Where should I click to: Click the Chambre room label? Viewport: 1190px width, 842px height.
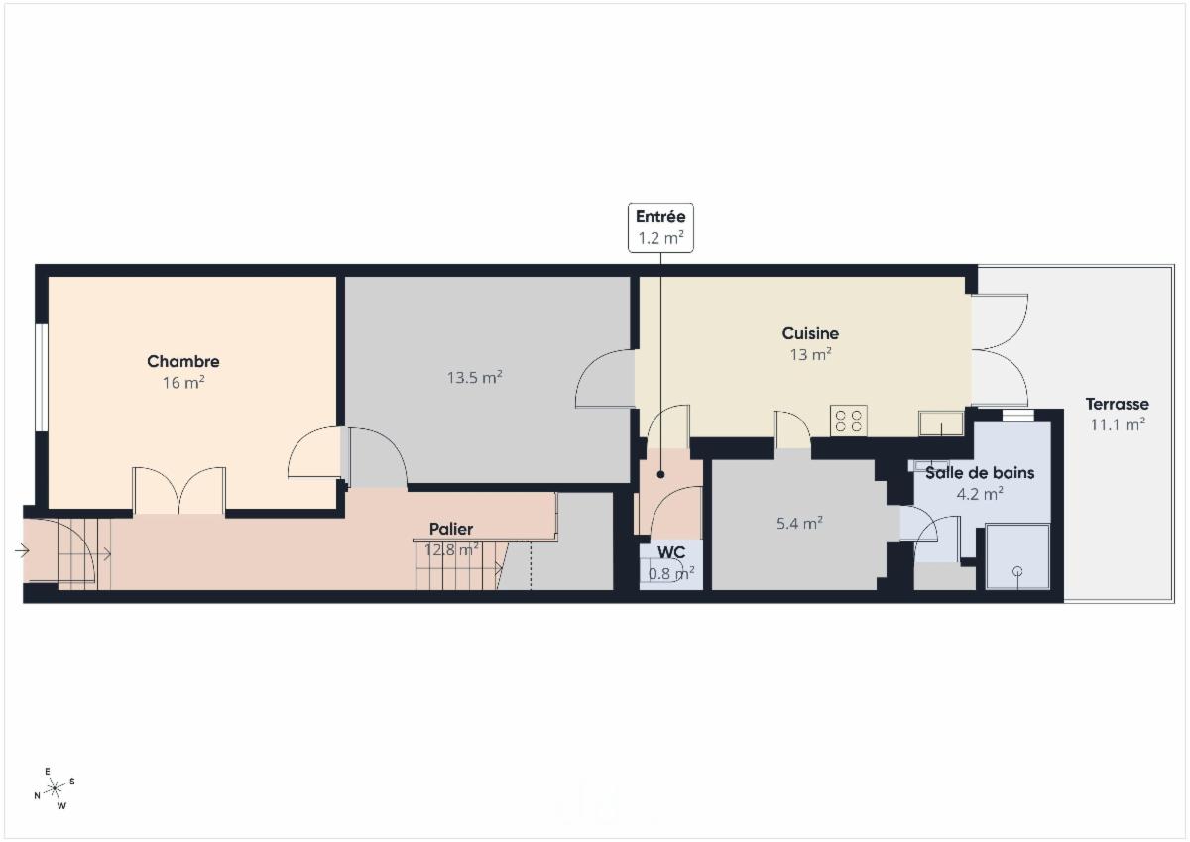pyautogui.click(x=183, y=361)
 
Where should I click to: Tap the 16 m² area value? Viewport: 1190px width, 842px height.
pyautogui.click(x=183, y=383)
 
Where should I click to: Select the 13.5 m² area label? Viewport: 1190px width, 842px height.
pyautogui.click(x=474, y=377)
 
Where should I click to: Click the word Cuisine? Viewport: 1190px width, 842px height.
pyautogui.click(x=810, y=333)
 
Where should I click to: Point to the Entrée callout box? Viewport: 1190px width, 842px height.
pyautogui.click(x=660, y=227)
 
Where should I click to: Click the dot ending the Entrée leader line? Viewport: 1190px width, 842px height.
pyautogui.click(x=660, y=474)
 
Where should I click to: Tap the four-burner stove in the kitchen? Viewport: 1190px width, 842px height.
pyautogui.click(x=849, y=421)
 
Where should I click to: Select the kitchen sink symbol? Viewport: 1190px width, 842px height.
pyautogui.click(x=941, y=423)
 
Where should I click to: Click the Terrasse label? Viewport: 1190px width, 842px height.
pyautogui.click(x=1118, y=404)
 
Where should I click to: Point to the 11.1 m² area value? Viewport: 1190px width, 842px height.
pyautogui.click(x=1118, y=425)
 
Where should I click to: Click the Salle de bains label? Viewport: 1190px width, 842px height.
pyautogui.click(x=980, y=473)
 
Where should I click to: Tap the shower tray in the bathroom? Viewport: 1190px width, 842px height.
pyautogui.click(x=1017, y=556)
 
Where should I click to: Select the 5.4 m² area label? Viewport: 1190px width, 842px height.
pyautogui.click(x=799, y=524)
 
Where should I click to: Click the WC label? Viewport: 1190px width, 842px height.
pyautogui.click(x=671, y=552)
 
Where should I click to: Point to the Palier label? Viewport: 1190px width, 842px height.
pyautogui.click(x=451, y=529)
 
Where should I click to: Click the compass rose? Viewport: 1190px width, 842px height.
pyautogui.click(x=55, y=788)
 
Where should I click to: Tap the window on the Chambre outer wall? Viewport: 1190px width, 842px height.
pyautogui.click(x=42, y=377)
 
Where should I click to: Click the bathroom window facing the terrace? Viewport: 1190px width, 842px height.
pyautogui.click(x=1017, y=416)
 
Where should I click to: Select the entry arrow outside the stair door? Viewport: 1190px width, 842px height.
pyautogui.click(x=22, y=550)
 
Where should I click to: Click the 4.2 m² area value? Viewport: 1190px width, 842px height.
pyautogui.click(x=980, y=494)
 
